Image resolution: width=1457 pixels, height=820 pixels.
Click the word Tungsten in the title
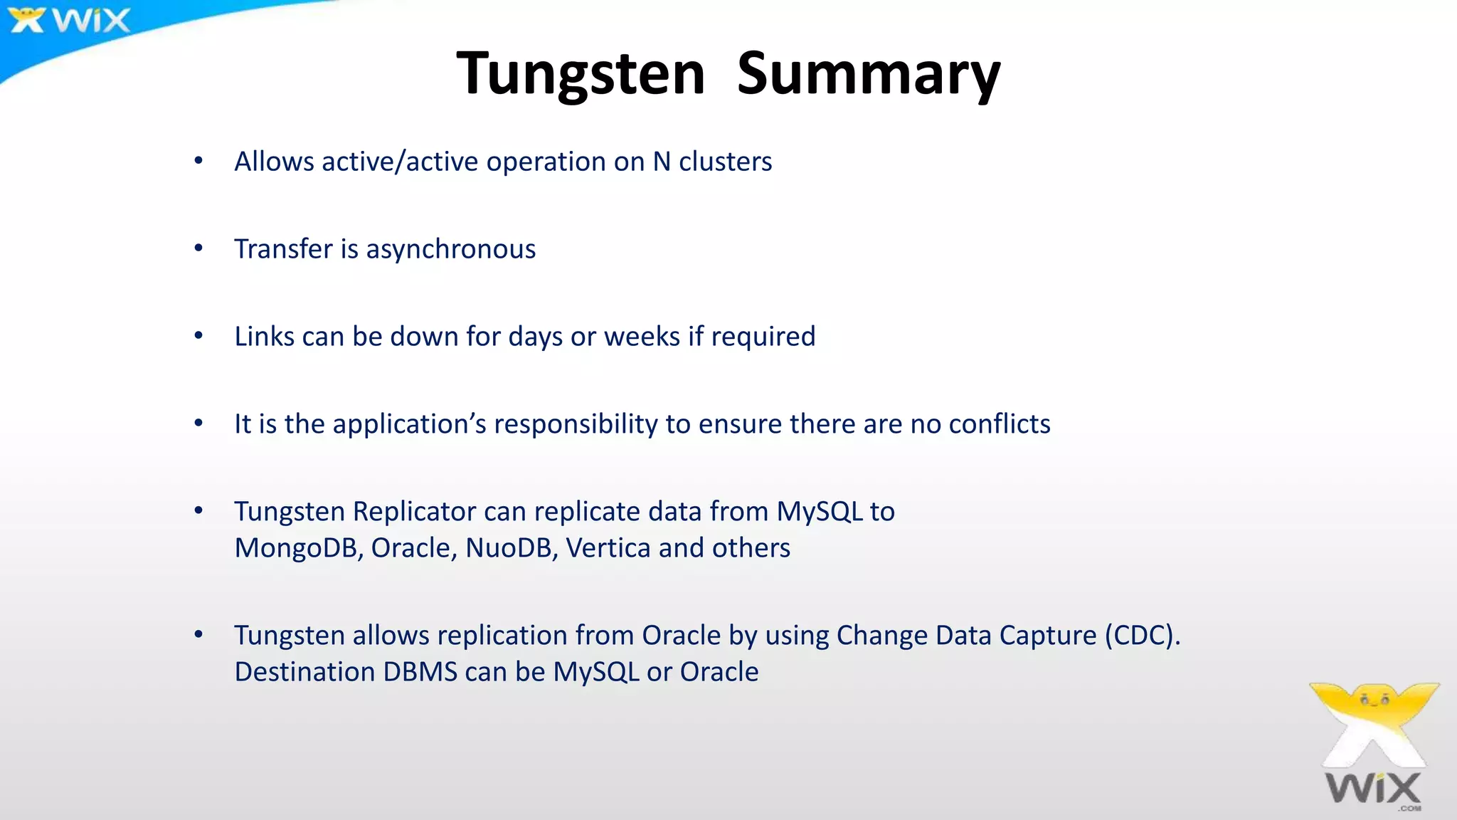point(580,73)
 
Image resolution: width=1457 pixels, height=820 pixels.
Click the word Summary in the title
point(869,73)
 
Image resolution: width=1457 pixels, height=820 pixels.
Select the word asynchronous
point(450,249)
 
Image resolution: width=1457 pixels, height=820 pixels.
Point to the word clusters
point(725,162)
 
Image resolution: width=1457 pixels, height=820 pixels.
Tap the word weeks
point(642,337)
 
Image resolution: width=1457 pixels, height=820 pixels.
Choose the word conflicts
point(999,424)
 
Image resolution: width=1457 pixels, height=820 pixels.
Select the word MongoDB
point(299,548)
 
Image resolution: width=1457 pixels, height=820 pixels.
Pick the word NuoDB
point(511,548)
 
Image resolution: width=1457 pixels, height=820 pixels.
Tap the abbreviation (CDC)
point(1142,636)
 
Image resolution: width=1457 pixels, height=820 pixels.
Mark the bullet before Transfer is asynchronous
point(198,248)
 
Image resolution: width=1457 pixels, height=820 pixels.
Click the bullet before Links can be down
point(198,336)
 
